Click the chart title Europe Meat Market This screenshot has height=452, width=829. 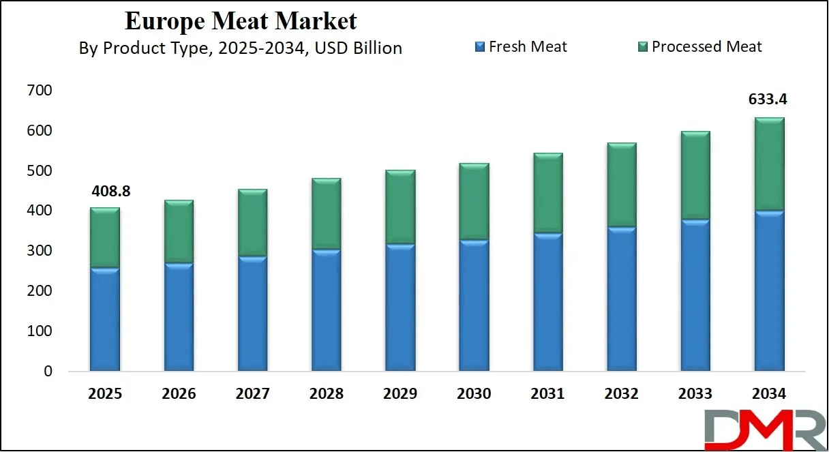tap(241, 21)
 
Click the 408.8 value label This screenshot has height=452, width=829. tap(110, 192)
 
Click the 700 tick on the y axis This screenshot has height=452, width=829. tap(40, 90)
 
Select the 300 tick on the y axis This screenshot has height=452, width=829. tap(40, 251)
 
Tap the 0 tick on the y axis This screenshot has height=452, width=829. tap(47, 372)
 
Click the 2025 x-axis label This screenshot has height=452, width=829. tap(106, 394)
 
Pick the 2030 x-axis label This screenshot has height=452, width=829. tap(474, 394)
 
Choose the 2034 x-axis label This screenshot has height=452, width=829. tap(768, 394)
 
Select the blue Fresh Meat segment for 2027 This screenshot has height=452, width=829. tap(253, 314)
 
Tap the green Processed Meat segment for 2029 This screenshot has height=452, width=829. tap(400, 207)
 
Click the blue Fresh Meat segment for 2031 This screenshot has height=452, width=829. tap(547, 302)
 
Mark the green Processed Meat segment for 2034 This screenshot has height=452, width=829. tap(768, 164)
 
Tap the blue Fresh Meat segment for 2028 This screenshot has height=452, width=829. tap(327, 310)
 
